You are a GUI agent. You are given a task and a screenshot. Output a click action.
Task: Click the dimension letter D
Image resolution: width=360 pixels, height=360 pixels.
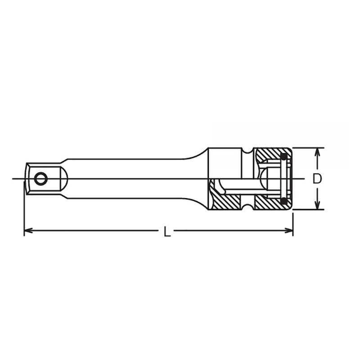[318, 179]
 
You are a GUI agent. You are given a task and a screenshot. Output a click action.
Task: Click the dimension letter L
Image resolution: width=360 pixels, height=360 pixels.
[167, 232]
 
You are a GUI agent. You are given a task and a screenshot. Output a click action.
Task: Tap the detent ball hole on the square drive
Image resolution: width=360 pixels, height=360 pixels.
[40, 179]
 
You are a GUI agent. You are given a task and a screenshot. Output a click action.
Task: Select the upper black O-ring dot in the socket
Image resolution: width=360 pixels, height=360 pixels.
[283, 157]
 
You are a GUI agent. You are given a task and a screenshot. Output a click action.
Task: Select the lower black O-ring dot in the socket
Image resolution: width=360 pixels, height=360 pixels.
[283, 201]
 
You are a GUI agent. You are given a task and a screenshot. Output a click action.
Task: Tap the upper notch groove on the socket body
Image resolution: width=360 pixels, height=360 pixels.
[247, 150]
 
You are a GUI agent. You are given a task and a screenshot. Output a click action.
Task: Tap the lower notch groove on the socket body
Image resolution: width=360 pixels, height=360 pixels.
[247, 207]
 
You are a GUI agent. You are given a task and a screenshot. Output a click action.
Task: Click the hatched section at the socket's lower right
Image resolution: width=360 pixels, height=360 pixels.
[268, 204]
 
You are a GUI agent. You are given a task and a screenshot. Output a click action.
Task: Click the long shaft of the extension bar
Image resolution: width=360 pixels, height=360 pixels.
[130, 179]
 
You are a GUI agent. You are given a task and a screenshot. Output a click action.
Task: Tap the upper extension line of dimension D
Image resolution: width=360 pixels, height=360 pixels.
[308, 148]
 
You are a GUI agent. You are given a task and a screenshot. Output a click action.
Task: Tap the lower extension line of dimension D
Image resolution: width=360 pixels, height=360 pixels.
[308, 209]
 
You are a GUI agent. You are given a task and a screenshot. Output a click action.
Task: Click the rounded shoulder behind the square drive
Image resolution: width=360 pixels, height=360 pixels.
[64, 179]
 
